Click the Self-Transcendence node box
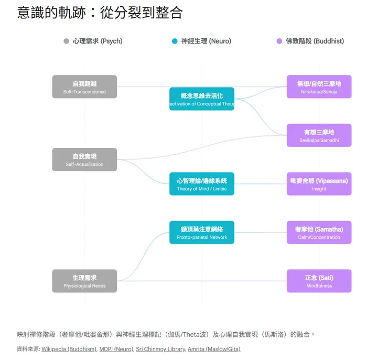tap(84, 87)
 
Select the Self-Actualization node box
tap(84, 160)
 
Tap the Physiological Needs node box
tap(84, 281)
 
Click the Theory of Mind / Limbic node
tap(202, 184)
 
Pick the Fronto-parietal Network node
tap(202, 232)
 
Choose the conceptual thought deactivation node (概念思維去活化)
tap(202, 99)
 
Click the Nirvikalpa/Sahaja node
tap(319, 87)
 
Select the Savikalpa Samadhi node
tap(319, 135)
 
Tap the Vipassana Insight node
tap(319, 184)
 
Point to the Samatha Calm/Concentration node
tap(319, 232)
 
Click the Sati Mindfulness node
tap(319, 281)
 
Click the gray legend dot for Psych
tap(66, 41)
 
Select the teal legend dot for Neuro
tap(175, 41)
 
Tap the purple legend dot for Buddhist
tap(279, 41)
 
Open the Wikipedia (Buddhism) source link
tap(69, 349)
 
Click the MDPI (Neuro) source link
tap(116, 349)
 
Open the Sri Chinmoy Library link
tap(160, 349)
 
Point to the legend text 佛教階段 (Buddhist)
tap(315, 41)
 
